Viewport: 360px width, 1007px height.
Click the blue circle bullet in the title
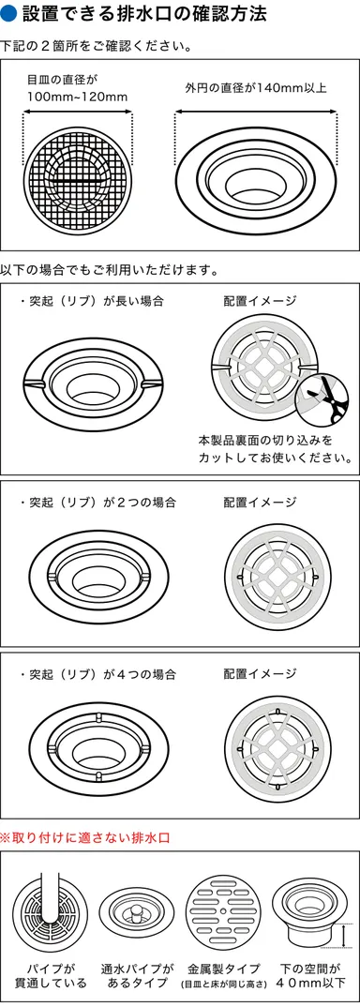(x=9, y=14)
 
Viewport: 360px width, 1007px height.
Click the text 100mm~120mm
(x=77, y=98)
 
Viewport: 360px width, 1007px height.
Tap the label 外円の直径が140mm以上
(x=255, y=89)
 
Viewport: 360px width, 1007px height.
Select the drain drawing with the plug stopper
(x=136, y=915)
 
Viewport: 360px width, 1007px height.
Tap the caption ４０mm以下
(x=310, y=983)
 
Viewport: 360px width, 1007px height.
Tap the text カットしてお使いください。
(x=275, y=458)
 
